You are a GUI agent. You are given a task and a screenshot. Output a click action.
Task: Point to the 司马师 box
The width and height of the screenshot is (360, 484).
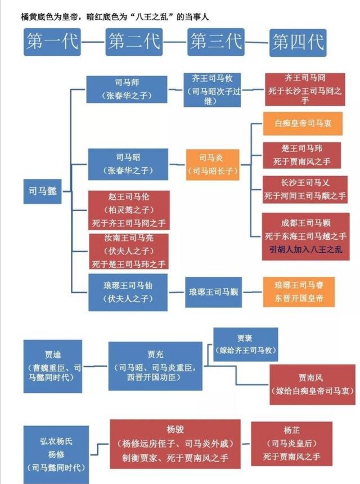(x=127, y=88)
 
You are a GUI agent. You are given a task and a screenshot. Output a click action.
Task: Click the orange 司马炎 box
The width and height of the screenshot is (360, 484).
(x=212, y=164)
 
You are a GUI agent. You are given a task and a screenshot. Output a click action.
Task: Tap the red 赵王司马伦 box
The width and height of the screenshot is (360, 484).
(x=129, y=209)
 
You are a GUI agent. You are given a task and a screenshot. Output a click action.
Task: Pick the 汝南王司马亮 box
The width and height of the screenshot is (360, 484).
(x=129, y=250)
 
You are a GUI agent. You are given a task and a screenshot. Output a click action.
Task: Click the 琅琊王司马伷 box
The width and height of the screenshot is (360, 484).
(x=127, y=292)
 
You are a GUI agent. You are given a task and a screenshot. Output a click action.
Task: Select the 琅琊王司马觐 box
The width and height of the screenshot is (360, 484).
(x=214, y=292)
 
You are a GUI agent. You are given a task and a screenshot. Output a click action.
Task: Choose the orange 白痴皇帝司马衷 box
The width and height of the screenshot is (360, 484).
(x=303, y=123)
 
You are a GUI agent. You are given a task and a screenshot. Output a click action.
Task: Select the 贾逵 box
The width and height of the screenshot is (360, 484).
(x=53, y=366)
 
